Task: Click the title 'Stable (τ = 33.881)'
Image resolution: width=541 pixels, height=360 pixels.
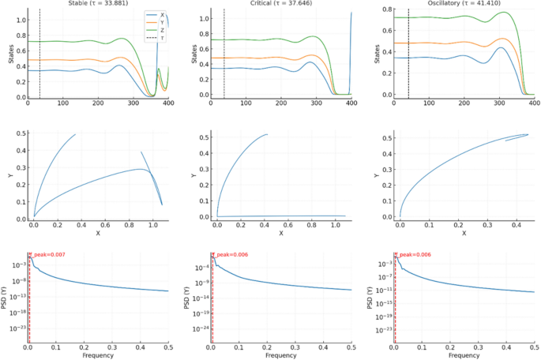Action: coord(100,3)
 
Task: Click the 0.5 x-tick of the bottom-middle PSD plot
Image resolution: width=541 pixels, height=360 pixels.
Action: coord(351,346)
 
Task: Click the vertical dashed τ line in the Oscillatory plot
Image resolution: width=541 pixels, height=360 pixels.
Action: coord(408,55)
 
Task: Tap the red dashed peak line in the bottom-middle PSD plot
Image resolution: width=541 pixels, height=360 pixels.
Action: coord(212,300)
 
